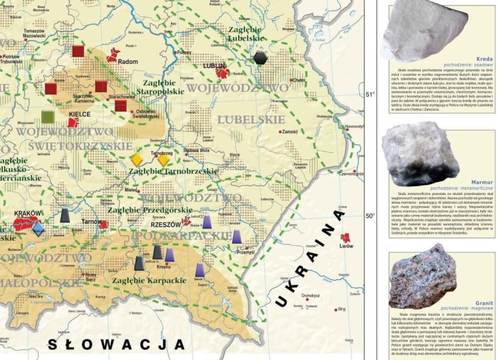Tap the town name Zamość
[x=291, y=132]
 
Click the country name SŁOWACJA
[x=116, y=344]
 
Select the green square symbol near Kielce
[x=48, y=117]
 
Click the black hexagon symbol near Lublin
[x=260, y=58]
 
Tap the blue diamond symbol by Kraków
[x=39, y=229]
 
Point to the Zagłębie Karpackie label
[x=149, y=280]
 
